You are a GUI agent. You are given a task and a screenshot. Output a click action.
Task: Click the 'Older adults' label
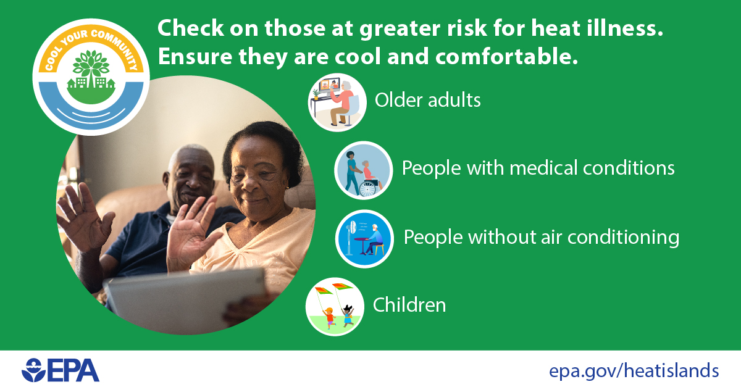(427, 100)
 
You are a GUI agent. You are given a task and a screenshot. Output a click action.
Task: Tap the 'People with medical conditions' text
(538, 168)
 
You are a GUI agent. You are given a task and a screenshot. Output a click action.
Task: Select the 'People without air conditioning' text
(541, 237)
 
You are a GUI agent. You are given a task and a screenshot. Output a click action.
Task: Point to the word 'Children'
(409, 305)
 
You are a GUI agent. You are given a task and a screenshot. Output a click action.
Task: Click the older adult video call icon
(337, 102)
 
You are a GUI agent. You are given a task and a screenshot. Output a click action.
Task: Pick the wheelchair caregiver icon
(364, 170)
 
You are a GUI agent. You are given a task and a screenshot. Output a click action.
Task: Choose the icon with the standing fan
(364, 239)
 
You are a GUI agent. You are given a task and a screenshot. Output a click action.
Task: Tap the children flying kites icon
(335, 307)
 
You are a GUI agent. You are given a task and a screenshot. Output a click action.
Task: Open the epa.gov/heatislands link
(634, 371)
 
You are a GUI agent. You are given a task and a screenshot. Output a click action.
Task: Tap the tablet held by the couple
(185, 299)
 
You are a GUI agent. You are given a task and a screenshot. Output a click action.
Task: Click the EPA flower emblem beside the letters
(33, 370)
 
